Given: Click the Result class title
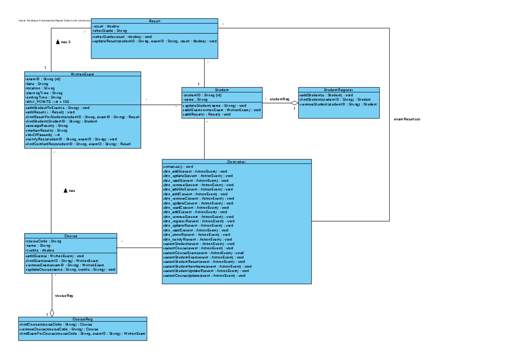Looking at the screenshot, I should [x=154, y=21].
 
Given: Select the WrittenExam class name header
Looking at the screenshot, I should [x=83, y=74].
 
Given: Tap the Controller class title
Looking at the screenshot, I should [x=237, y=162].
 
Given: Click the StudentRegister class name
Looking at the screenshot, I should [x=338, y=90].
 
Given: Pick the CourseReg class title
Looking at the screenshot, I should [x=82, y=319].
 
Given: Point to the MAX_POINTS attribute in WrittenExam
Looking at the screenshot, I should [x=47, y=102].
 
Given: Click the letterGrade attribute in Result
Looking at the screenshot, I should [x=109, y=31].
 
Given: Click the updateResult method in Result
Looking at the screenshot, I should [x=154, y=41].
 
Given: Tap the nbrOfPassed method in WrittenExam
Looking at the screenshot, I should [x=43, y=135].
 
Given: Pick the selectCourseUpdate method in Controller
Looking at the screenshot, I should [x=204, y=276].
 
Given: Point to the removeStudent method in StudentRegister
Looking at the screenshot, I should [x=338, y=104].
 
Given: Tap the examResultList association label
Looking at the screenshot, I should [x=407, y=119].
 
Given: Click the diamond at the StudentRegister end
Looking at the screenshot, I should [x=294, y=103].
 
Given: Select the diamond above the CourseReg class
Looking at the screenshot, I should [x=52, y=313].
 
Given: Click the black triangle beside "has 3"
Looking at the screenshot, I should [x=58, y=42].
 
